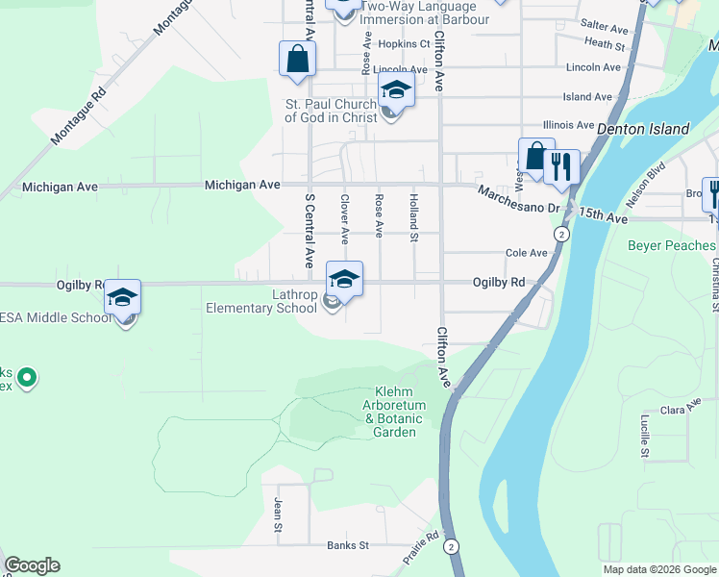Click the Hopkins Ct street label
(x=404, y=44)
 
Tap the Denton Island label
(x=643, y=129)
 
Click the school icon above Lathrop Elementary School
(x=345, y=279)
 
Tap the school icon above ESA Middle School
(x=123, y=297)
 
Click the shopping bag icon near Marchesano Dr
(x=535, y=156)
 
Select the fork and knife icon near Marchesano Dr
(x=561, y=166)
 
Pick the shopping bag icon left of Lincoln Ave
(x=297, y=58)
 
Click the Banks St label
(x=348, y=545)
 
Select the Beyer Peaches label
(x=672, y=245)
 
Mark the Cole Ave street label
(x=527, y=253)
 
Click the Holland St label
(x=414, y=217)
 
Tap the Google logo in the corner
(x=33, y=565)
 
